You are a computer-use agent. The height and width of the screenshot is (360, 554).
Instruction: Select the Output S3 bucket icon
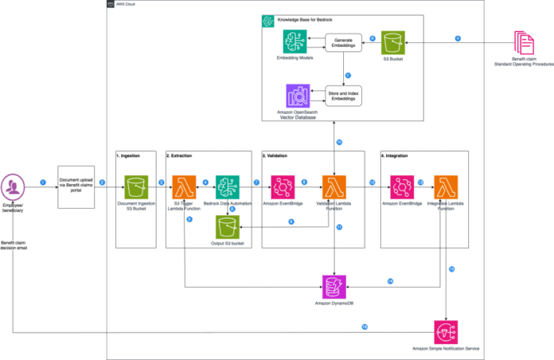pyautogui.click(x=228, y=227)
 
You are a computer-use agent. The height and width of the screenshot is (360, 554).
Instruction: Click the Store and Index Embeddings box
pyautogui.click(x=343, y=95)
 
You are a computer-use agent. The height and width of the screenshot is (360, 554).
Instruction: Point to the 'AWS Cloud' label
pyautogui.click(x=126, y=5)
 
